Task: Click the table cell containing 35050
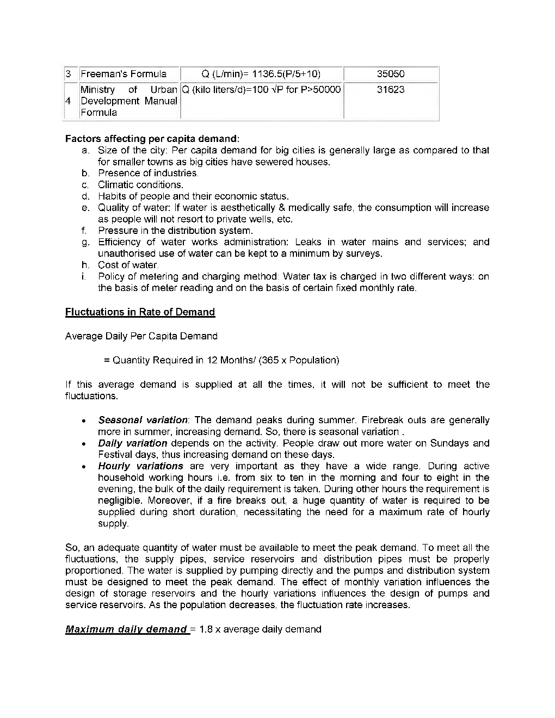pyautogui.click(x=391, y=74)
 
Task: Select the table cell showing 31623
pyautogui.click(x=391, y=90)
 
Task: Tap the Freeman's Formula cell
pyautogui.click(x=124, y=74)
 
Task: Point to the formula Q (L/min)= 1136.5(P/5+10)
pyautogui.click(x=261, y=74)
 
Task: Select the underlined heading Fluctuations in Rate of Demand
pyautogui.click(x=140, y=312)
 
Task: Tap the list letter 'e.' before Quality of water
pyautogui.click(x=85, y=208)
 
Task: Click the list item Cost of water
pyautogui.click(x=128, y=265)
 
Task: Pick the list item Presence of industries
pyautogui.click(x=148, y=173)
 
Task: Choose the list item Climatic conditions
pyautogui.click(x=140, y=184)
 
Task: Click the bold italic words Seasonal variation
pyautogui.click(x=143, y=420)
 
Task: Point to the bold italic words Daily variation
pyautogui.click(x=132, y=443)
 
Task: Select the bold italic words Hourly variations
pyautogui.click(x=140, y=466)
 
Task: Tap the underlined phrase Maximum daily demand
pyautogui.click(x=126, y=629)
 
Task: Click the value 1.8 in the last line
pyautogui.click(x=206, y=629)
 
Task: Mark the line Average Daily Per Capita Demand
pyautogui.click(x=141, y=336)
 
